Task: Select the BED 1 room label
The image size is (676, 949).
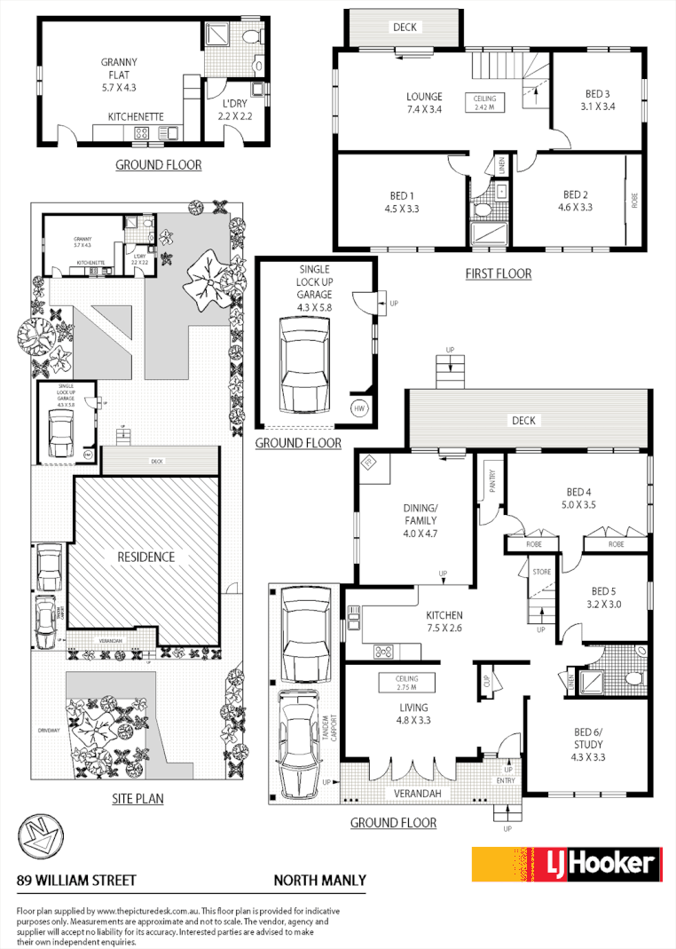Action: click(401, 202)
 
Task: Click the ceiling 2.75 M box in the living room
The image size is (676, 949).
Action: click(406, 684)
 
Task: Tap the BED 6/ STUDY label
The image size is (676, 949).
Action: click(586, 744)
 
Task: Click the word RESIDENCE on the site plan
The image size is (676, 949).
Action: click(146, 558)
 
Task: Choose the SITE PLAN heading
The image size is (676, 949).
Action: click(138, 798)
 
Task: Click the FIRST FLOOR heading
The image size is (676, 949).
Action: click(498, 273)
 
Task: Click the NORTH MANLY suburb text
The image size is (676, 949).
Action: click(318, 881)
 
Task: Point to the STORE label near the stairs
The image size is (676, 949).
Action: click(541, 572)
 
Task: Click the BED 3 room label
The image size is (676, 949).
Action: click(595, 99)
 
